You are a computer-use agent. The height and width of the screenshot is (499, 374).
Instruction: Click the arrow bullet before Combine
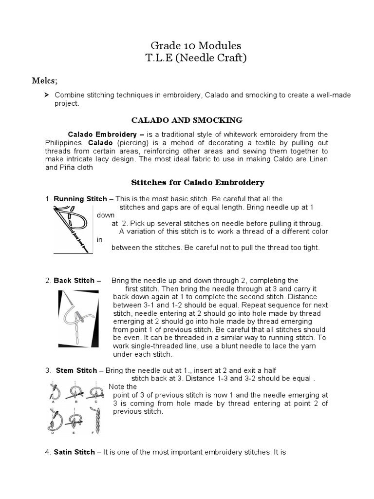[48, 95]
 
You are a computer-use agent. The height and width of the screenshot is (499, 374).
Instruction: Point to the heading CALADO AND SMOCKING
[187, 120]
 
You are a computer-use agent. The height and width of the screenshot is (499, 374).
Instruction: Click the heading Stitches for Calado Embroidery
[198, 182]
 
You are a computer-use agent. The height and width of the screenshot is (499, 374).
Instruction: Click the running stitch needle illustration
[73, 228]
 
